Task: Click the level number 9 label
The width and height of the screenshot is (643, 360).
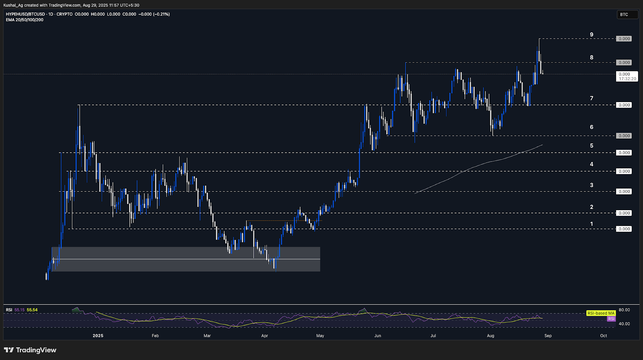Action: tap(592, 35)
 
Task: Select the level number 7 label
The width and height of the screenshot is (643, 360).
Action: tap(592, 98)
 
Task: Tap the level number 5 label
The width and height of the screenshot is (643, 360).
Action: tap(592, 145)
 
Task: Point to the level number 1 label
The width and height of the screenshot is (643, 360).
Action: tap(592, 224)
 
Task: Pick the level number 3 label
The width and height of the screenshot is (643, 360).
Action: tap(592, 185)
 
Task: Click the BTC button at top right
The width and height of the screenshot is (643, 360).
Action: tap(627, 14)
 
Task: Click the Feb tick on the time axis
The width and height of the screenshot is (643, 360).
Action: tap(155, 335)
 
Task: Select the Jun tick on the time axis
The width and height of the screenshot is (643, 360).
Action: tap(377, 335)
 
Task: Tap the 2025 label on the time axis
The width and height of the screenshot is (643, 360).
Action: tap(98, 335)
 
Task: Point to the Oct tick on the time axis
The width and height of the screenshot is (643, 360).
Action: tap(603, 335)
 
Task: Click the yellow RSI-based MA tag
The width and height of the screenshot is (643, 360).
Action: tap(601, 313)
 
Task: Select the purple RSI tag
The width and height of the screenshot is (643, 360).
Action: tap(611, 319)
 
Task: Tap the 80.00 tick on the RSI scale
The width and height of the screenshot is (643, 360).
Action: tap(624, 310)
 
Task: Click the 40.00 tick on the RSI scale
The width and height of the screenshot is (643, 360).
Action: tap(624, 323)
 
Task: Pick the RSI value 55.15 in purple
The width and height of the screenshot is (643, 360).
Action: tap(19, 310)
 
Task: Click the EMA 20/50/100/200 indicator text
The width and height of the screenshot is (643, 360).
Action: tap(25, 20)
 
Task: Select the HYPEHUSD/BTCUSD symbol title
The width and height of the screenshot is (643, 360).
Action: tap(25, 14)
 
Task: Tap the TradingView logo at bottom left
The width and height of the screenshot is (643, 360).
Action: tap(31, 350)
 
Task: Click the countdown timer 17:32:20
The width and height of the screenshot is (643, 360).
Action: tap(627, 79)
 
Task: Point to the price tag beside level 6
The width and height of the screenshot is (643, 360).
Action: tap(624, 136)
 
